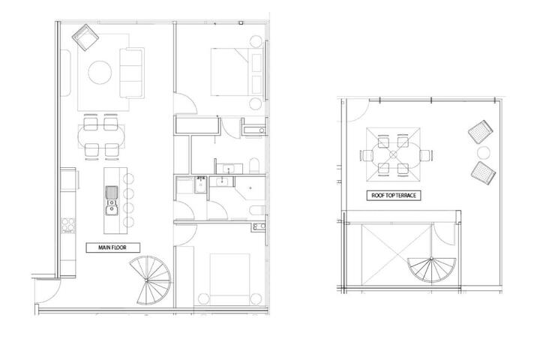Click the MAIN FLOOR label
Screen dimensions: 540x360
point(112,247)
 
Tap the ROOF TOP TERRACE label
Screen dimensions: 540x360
point(394,195)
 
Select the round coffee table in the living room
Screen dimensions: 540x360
point(100,72)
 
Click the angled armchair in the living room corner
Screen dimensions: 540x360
point(85,37)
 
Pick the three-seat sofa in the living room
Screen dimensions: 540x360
point(132,73)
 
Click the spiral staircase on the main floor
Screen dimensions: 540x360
point(150,280)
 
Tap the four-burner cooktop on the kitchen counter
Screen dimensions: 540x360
point(68,225)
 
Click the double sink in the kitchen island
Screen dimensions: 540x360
point(111,200)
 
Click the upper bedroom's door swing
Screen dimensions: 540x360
point(186,103)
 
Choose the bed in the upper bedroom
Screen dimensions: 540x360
point(238,72)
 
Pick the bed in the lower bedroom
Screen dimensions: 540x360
point(230,274)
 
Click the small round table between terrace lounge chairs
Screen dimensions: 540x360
point(484,152)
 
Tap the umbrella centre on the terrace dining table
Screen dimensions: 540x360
point(393,154)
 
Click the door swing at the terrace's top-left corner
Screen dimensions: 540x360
point(359,111)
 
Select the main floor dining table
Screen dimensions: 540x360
point(101,136)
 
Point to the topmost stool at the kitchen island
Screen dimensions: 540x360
point(128,178)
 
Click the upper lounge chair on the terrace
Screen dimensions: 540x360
point(481,131)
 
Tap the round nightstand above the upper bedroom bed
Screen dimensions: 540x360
point(256,41)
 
